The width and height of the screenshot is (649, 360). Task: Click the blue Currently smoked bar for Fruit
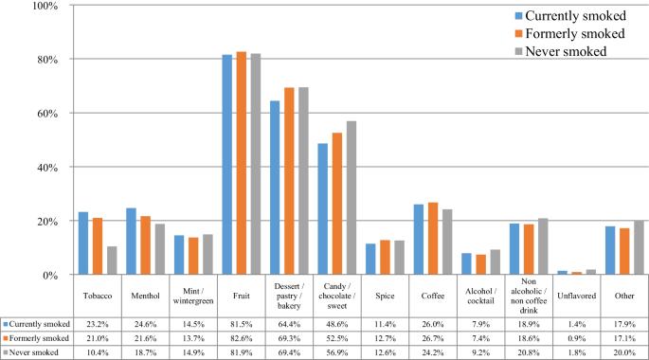click(227, 165)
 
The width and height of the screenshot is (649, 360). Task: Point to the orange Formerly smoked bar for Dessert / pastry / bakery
click(289, 181)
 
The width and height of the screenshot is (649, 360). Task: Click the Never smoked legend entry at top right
click(565, 50)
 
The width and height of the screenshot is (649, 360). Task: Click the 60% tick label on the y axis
click(45, 114)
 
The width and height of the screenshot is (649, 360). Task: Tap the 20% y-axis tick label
click(45, 222)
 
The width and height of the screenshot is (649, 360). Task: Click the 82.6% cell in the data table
click(242, 337)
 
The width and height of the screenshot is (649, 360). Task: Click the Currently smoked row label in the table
click(38, 323)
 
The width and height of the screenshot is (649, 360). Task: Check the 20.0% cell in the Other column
click(622, 351)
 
